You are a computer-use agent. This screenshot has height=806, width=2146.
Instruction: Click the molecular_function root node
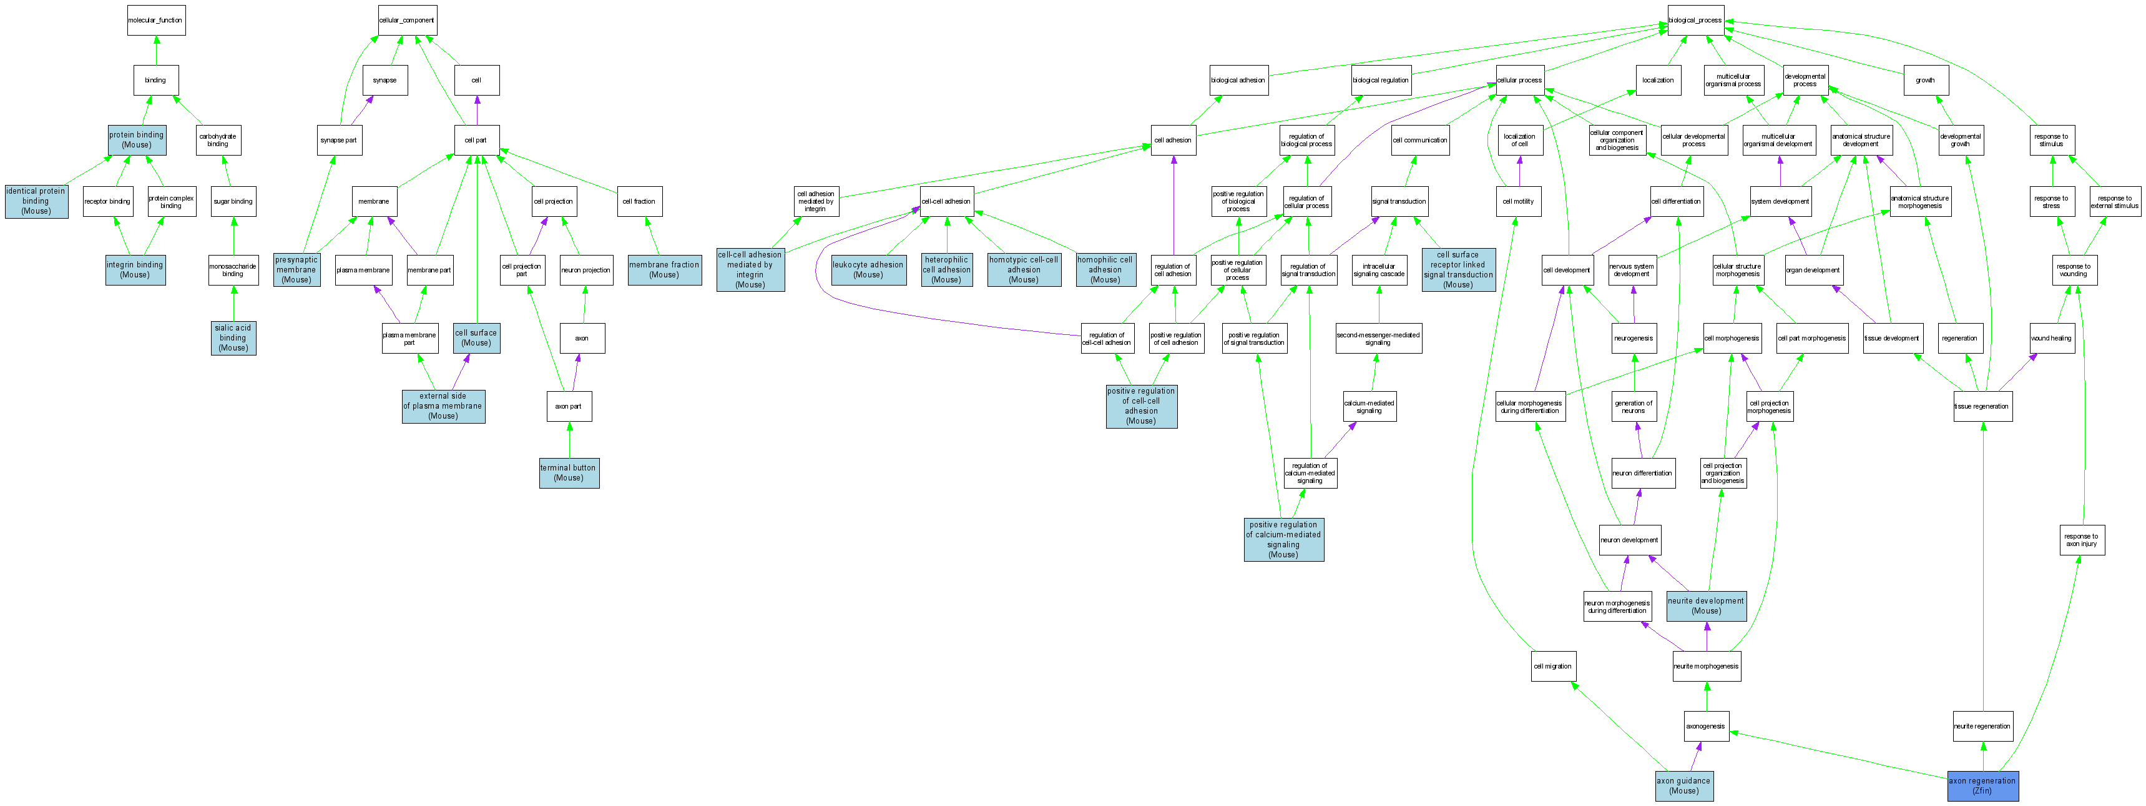[156, 20]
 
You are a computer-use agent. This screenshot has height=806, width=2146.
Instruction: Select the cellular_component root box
[406, 20]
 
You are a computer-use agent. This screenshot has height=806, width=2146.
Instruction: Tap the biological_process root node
[1695, 20]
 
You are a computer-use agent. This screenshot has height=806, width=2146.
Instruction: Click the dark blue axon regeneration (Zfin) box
[1982, 786]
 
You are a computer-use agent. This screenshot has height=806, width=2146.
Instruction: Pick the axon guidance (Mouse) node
[1683, 786]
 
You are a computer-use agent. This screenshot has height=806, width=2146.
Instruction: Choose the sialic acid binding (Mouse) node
[233, 337]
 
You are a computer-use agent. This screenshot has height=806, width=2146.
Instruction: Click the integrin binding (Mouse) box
[135, 269]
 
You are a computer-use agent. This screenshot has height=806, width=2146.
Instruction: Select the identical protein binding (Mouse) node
[36, 201]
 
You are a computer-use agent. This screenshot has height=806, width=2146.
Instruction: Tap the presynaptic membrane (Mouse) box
[296, 269]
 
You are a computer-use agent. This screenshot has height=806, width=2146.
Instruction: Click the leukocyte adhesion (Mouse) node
[868, 269]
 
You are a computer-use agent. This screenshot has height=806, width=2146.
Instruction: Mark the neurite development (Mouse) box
[1705, 605]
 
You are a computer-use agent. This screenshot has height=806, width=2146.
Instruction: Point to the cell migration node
[1553, 666]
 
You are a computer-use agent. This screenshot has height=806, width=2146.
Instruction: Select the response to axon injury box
[2081, 540]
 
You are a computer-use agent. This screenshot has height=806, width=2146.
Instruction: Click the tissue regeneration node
[1982, 406]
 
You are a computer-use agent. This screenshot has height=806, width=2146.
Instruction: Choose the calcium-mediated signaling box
[1369, 406]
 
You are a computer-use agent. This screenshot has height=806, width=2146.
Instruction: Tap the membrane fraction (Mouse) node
[664, 269]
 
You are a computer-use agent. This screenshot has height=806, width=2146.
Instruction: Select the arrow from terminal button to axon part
[569, 439]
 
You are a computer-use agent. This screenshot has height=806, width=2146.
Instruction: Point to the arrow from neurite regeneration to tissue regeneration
[1982, 567]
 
